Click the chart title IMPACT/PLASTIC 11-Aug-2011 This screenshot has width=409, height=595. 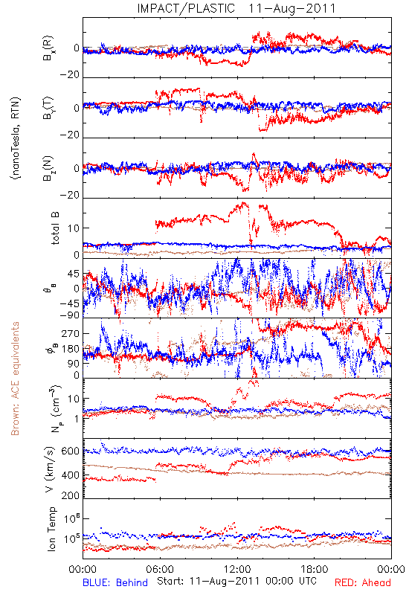[x=236, y=8]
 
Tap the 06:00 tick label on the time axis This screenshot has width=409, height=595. [x=160, y=569]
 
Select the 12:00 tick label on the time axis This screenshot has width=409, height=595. [x=237, y=569]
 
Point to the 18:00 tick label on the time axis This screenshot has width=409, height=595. [x=315, y=569]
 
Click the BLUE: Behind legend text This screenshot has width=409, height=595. [x=115, y=582]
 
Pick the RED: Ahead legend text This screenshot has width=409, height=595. [x=363, y=582]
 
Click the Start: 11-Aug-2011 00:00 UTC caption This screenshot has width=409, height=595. [x=236, y=581]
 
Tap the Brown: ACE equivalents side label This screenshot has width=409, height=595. [x=15, y=379]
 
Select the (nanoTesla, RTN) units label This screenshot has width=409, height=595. [x=15, y=138]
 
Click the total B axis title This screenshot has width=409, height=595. [x=54, y=228]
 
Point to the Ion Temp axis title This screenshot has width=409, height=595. [x=51, y=529]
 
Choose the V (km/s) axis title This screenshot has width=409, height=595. [x=50, y=469]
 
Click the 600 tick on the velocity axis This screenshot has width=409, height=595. [x=70, y=451]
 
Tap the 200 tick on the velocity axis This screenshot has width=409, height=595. [x=70, y=495]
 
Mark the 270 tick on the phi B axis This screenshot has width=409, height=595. [x=71, y=333]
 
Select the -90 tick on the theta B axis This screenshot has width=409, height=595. [x=69, y=315]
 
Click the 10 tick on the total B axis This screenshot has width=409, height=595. [x=74, y=228]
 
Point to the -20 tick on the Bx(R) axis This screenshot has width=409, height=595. [x=70, y=74]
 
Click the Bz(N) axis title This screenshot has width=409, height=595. [x=48, y=168]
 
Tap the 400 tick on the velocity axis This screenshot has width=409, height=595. [x=70, y=475]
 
